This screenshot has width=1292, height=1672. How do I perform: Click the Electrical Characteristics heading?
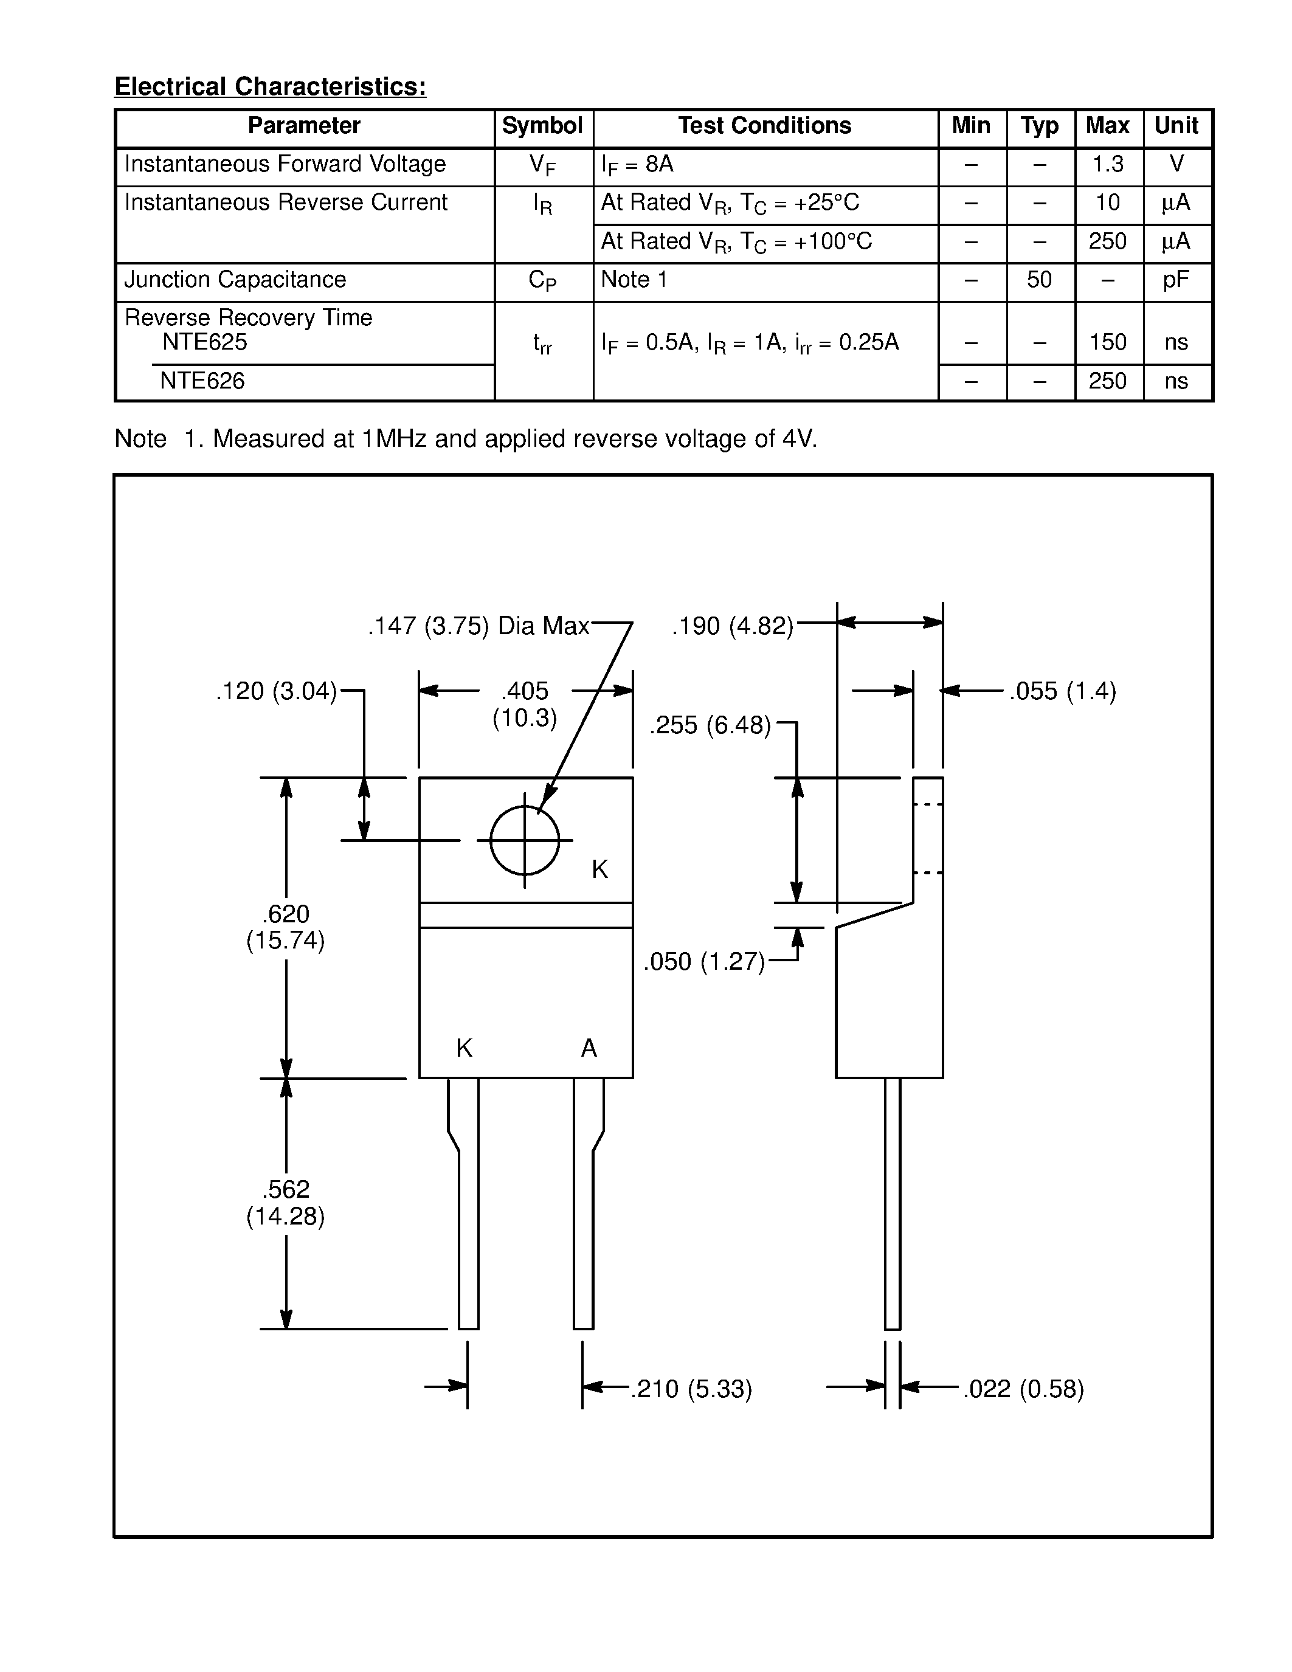270,86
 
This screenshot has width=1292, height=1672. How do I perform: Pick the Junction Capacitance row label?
235,280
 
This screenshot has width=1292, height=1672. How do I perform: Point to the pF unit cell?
1176,280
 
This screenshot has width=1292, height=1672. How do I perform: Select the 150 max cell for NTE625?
1108,342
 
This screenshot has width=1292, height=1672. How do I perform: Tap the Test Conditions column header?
765,126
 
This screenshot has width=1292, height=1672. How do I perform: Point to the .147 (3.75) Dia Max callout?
478,626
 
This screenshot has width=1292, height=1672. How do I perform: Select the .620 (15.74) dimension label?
286,927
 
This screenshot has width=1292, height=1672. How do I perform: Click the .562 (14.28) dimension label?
286,1203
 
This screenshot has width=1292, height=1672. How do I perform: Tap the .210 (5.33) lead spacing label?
691,1389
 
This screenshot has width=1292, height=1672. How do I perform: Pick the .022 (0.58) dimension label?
1023,1389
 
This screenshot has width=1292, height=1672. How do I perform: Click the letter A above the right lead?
589,1048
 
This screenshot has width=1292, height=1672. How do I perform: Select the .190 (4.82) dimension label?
733,626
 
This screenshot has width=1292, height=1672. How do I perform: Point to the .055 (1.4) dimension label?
1062,691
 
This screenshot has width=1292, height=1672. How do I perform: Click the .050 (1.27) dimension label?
704,962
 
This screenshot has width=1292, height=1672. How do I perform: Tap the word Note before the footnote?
140,438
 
